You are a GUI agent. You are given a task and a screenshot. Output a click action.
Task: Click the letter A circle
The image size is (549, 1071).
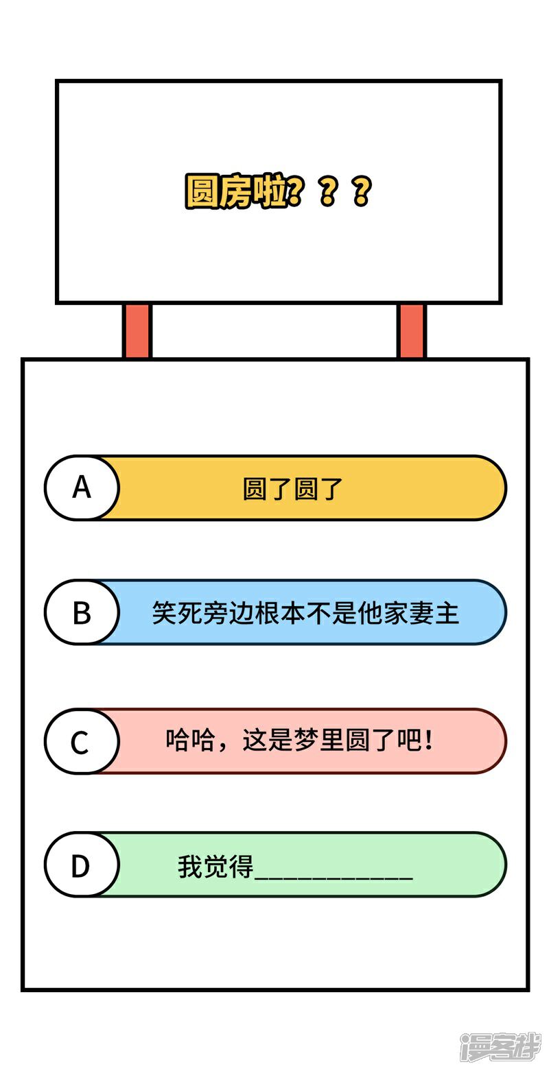point(82,488)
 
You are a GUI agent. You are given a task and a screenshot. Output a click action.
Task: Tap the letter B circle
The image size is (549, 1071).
point(82,612)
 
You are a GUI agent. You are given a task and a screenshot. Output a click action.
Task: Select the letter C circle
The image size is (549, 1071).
point(80,741)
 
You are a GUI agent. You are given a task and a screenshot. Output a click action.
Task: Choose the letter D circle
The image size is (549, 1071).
point(80,866)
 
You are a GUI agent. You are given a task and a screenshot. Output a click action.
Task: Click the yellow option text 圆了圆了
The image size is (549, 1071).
point(293,489)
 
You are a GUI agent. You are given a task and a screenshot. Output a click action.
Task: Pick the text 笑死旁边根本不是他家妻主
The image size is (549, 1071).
point(305,613)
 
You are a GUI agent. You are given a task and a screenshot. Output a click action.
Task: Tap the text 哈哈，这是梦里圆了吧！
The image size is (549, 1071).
point(299,741)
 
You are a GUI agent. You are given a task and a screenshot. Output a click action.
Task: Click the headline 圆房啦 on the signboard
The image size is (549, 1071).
point(236,192)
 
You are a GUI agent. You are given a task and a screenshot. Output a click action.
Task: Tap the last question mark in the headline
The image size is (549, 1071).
point(361,192)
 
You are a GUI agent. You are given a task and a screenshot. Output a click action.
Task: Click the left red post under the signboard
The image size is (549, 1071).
point(137,331)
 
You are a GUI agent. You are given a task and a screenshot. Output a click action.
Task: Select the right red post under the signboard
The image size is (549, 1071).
point(411,331)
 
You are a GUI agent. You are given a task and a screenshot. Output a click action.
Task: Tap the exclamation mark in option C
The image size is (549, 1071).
point(429,741)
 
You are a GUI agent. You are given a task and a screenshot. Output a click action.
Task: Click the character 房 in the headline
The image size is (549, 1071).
point(235,192)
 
